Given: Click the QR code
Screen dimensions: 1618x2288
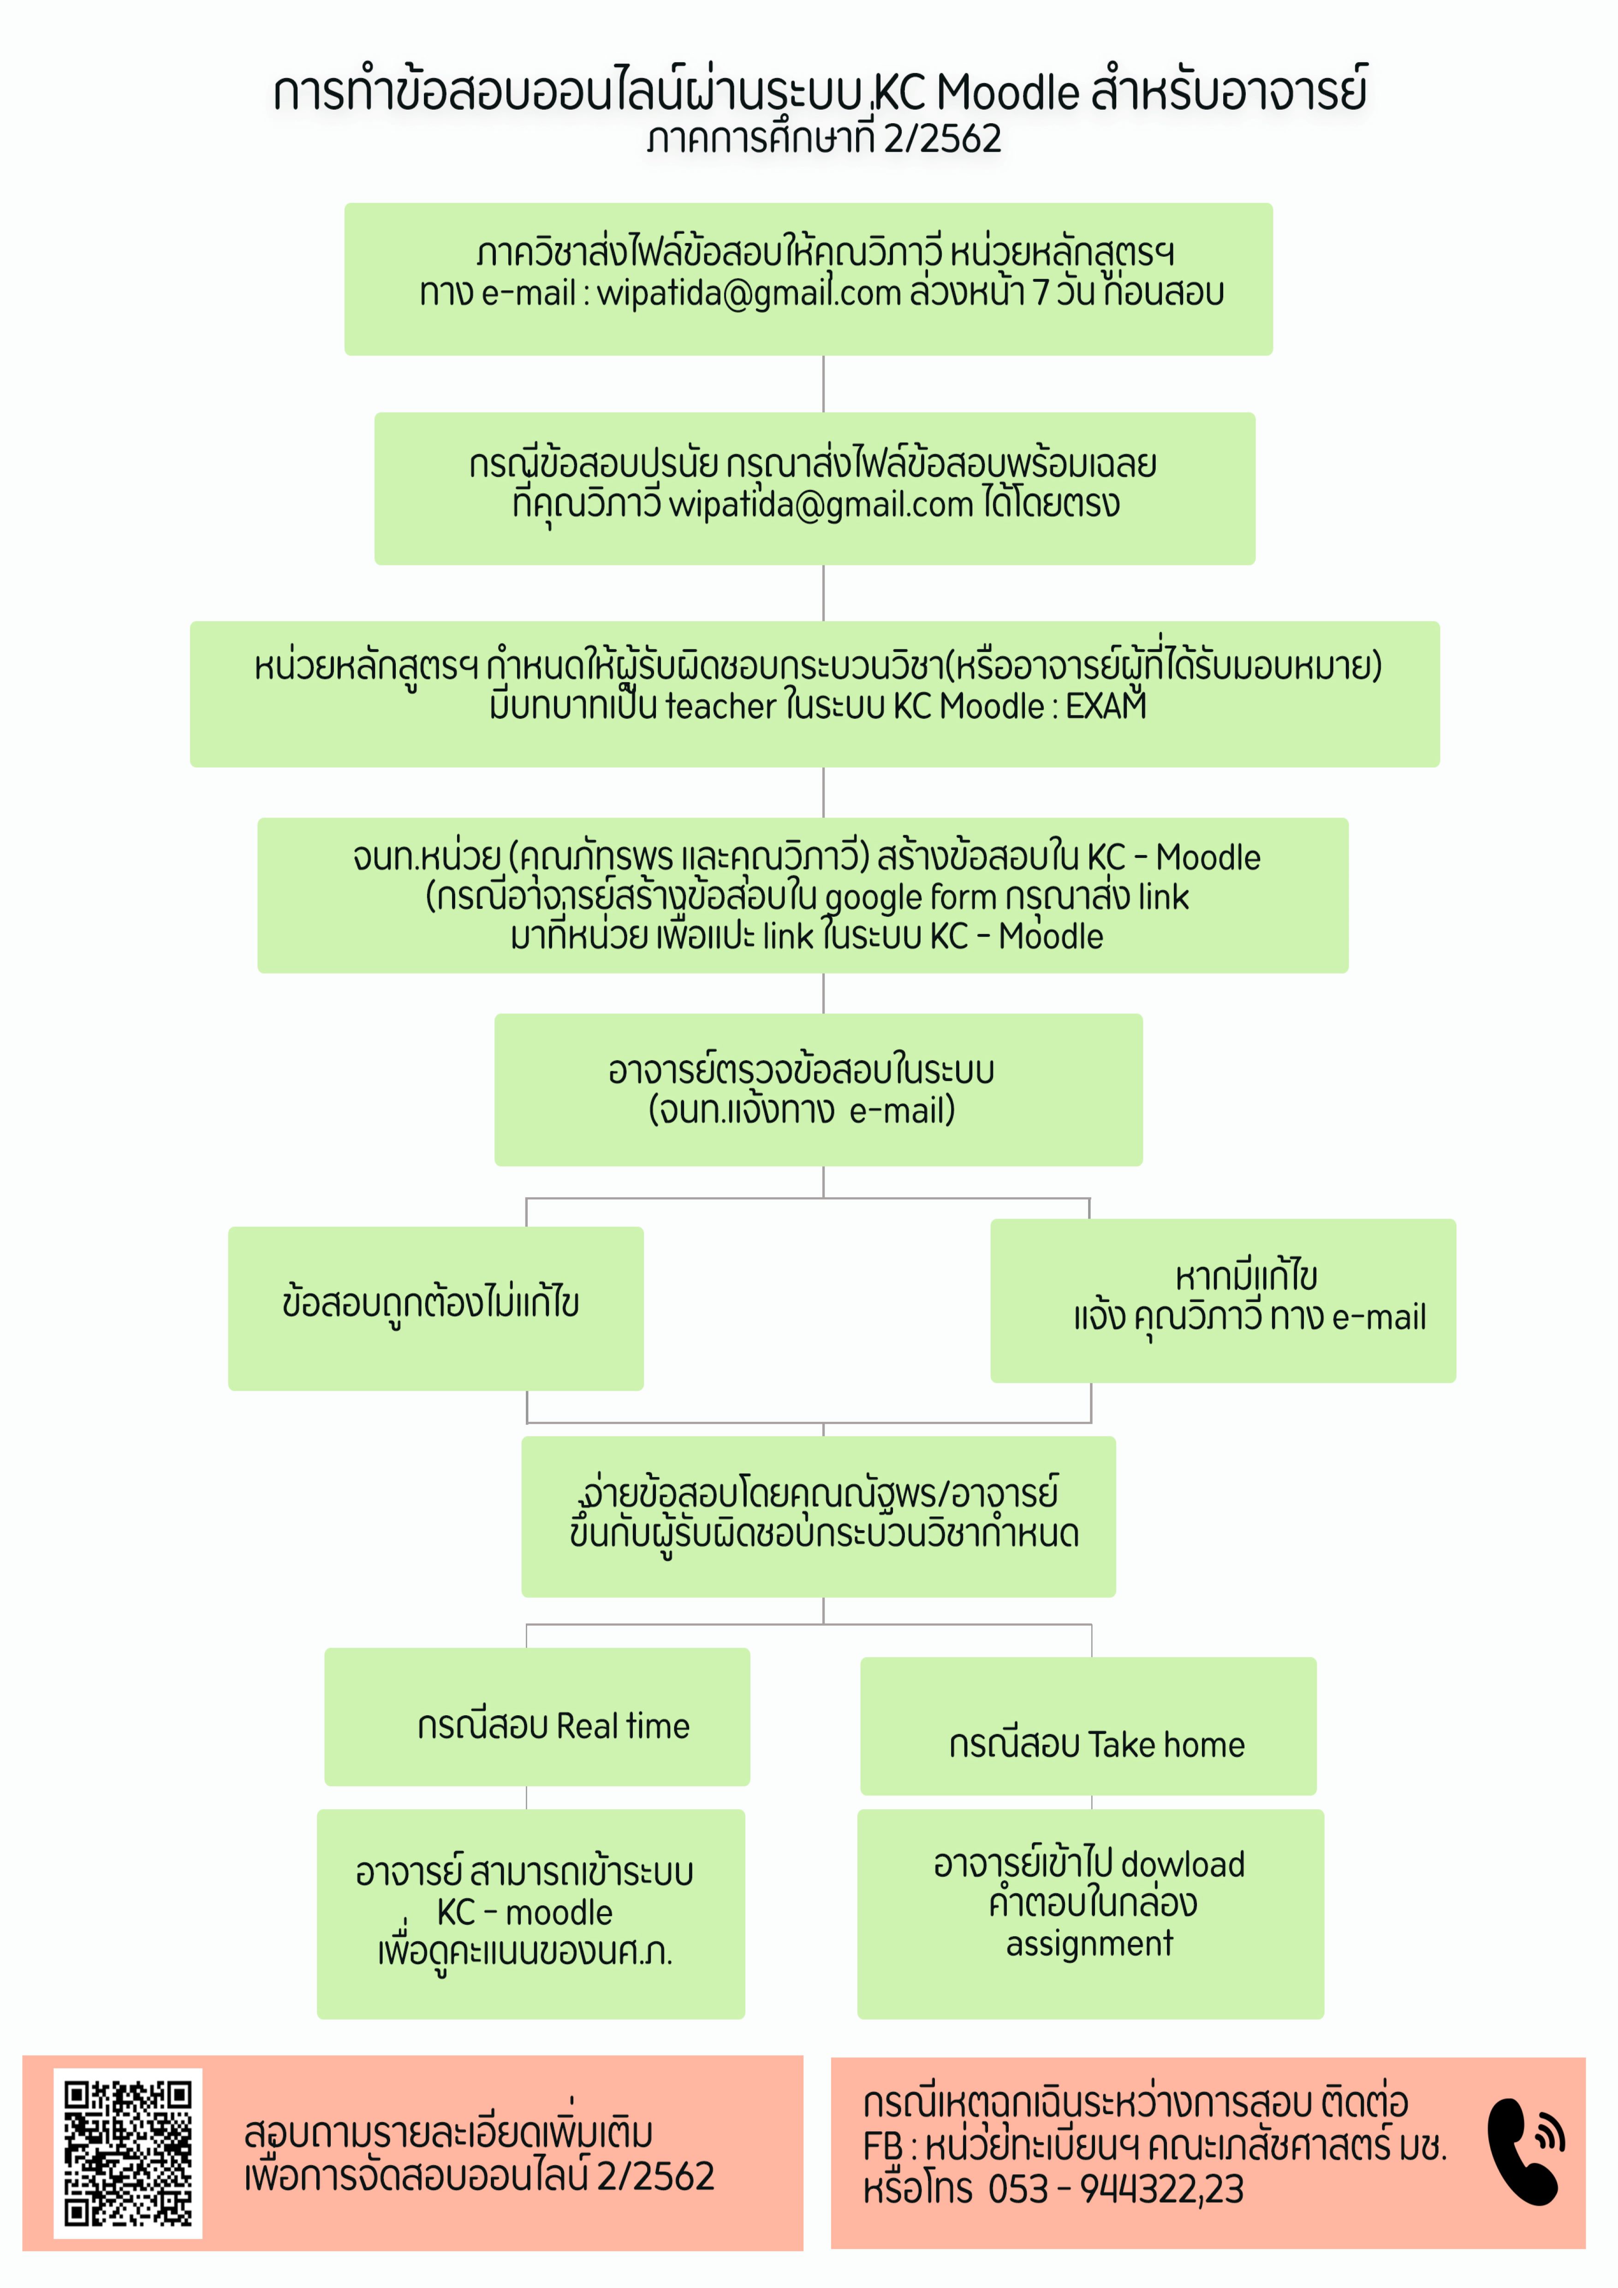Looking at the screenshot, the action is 127,2152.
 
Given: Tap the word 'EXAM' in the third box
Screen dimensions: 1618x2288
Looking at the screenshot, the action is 1106,706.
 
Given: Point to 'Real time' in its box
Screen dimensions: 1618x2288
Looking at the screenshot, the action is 623,1726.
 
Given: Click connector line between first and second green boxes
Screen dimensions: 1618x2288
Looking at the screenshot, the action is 823,384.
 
